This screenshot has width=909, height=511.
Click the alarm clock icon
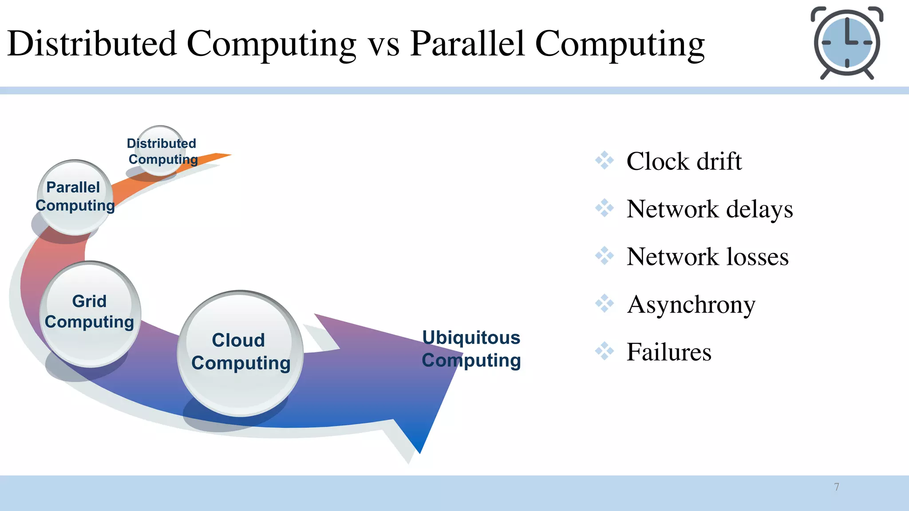pos(847,43)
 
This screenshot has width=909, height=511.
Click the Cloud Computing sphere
pos(240,353)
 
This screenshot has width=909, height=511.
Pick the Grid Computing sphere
pos(90,313)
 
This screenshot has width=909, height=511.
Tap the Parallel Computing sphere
pos(75,197)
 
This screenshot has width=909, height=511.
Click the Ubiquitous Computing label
pos(471,349)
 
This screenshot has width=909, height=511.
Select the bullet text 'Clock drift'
pos(684,161)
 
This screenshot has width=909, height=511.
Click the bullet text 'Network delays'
pos(709,209)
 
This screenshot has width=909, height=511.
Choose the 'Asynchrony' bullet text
pos(691,305)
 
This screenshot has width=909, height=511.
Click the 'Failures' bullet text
pos(668,352)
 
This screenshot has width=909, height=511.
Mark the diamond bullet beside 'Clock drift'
pos(605,160)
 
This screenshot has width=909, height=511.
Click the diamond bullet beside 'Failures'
pos(605,351)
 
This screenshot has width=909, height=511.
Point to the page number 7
pos(837,487)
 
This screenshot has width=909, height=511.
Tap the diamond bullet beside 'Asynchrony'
pos(605,303)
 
